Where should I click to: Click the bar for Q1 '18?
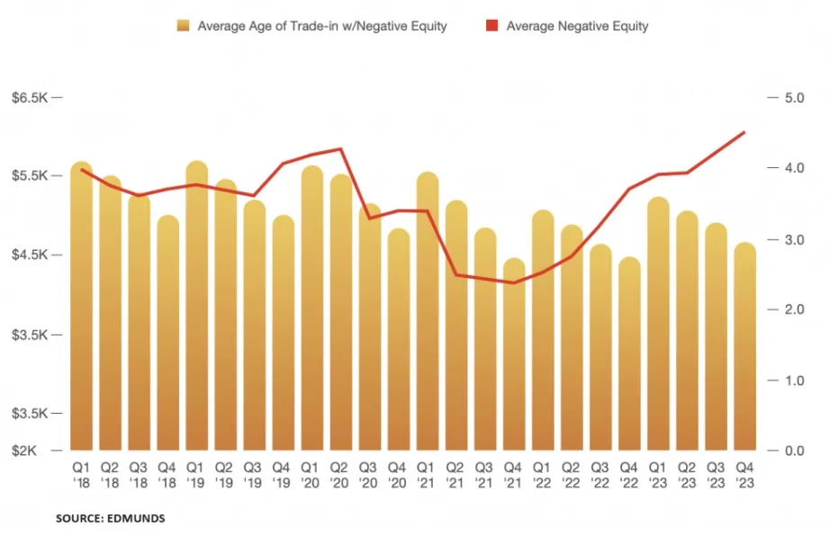point(82,306)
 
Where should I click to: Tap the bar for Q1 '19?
point(197,306)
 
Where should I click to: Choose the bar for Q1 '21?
point(428,311)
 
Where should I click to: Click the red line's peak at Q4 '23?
point(744,132)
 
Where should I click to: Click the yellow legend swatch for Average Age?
point(184,26)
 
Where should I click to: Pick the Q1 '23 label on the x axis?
point(658,475)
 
